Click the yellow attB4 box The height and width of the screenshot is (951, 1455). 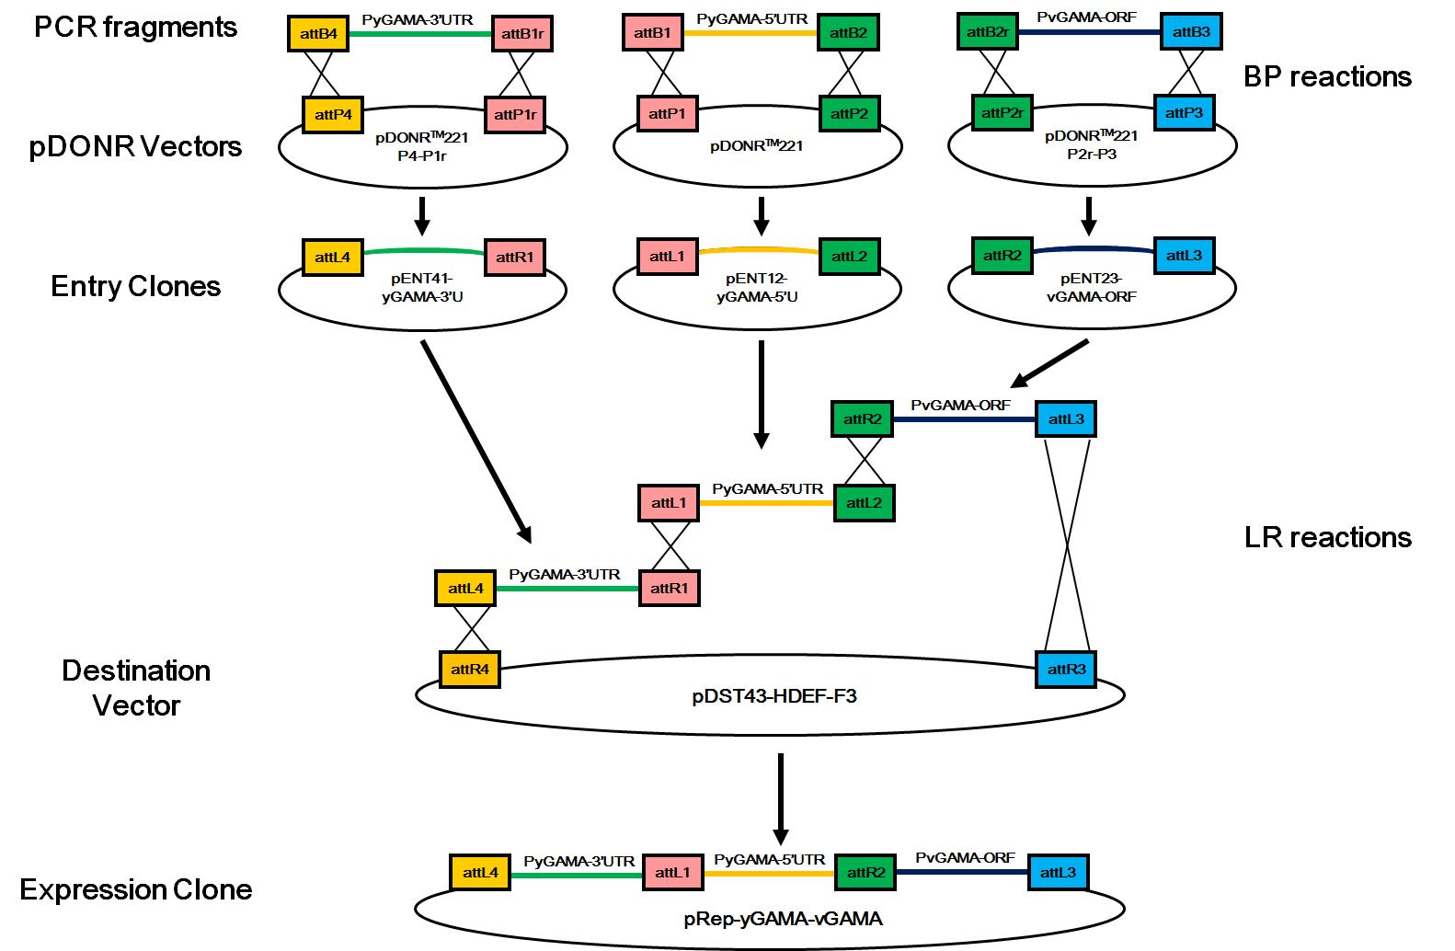[318, 34]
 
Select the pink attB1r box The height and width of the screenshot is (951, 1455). [522, 34]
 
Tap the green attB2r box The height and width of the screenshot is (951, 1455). [988, 33]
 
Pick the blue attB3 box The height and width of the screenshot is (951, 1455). [1192, 33]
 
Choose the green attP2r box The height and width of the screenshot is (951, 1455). [1002, 113]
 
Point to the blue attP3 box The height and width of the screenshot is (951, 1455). [1184, 113]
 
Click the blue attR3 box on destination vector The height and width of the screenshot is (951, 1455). [1066, 670]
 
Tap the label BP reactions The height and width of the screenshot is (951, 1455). [1327, 76]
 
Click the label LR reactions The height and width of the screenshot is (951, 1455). [1327, 537]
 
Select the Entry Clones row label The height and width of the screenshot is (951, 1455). [136, 286]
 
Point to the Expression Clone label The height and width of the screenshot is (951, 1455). [136, 889]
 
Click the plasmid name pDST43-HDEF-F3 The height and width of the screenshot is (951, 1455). [773, 696]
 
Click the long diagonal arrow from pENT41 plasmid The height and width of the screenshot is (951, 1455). [475, 440]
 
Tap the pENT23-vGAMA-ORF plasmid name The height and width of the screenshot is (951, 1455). [1091, 286]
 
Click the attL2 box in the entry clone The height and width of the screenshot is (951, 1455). [850, 257]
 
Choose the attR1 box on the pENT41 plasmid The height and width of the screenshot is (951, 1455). [514, 258]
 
